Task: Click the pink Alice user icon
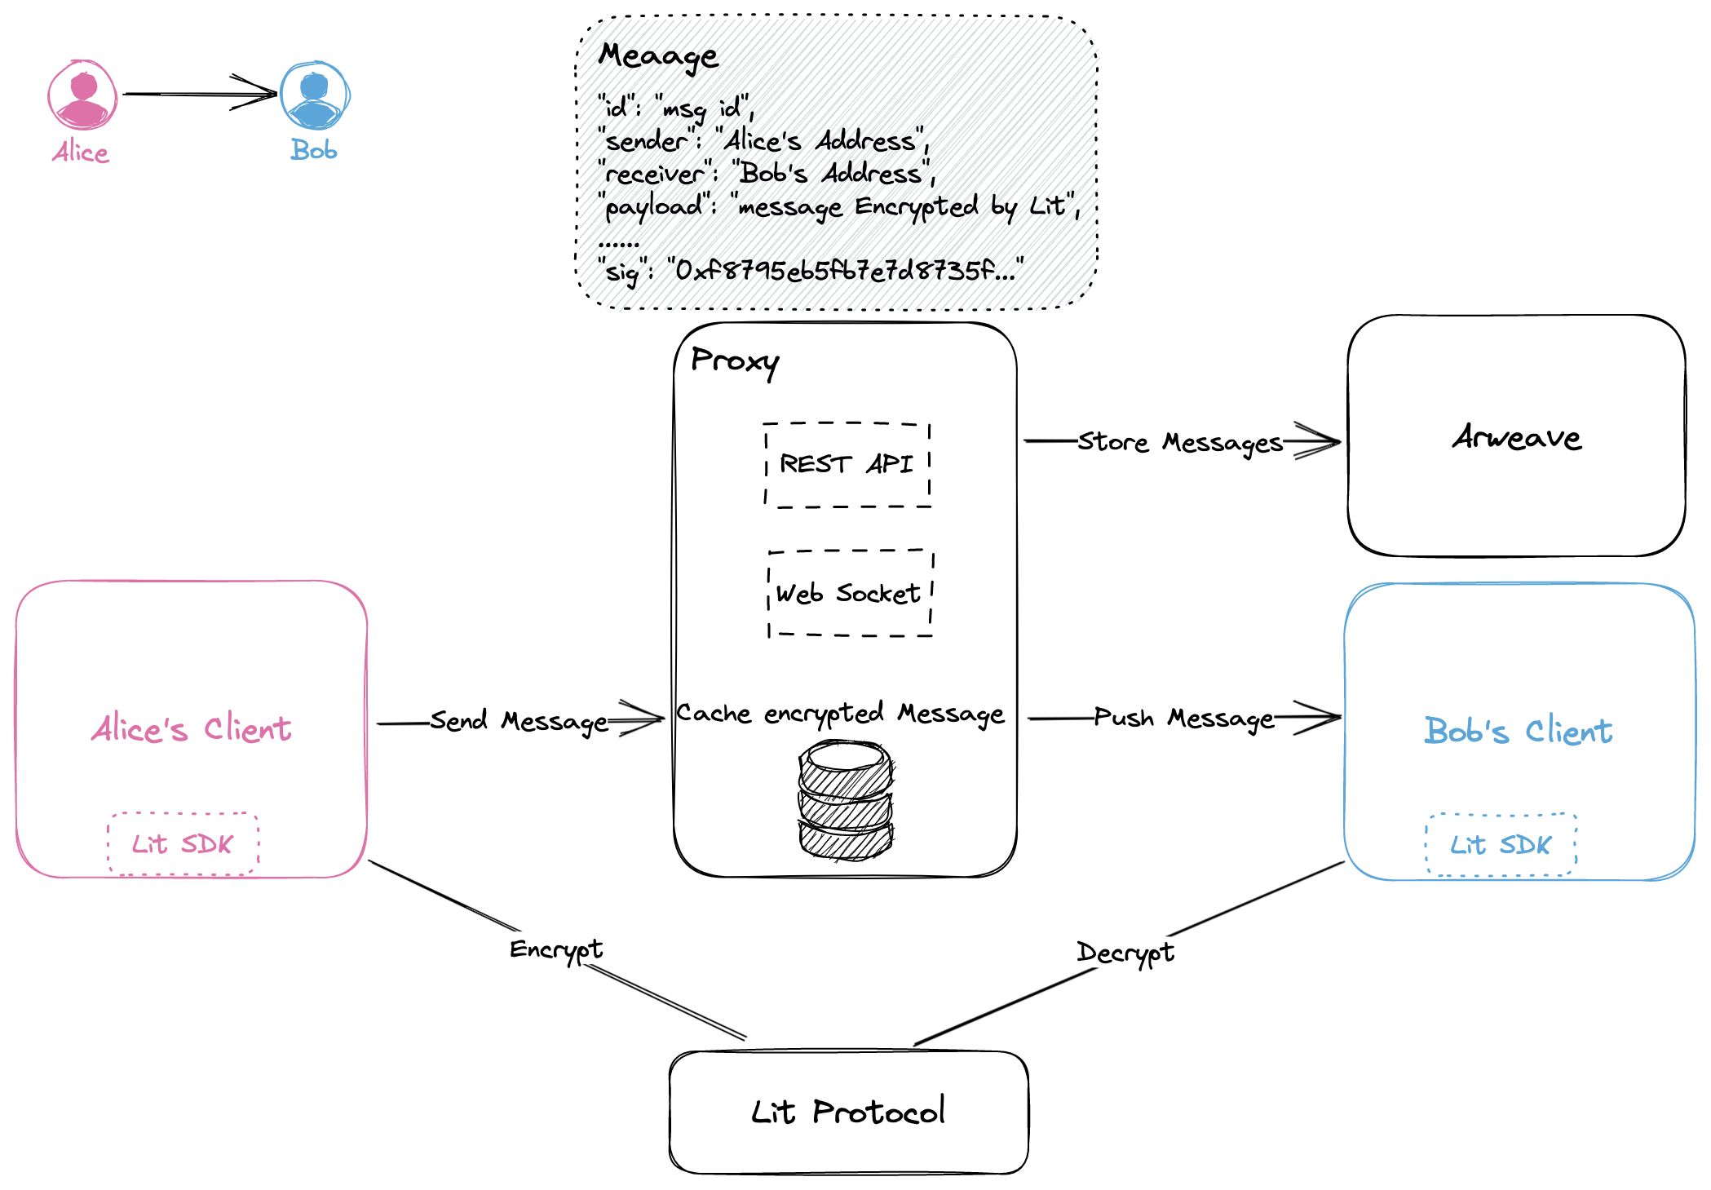pos(82,95)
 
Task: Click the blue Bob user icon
pos(315,95)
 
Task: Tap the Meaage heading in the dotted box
pos(658,56)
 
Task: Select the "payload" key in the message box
pos(653,206)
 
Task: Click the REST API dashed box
pos(847,465)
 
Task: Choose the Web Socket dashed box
pos(850,593)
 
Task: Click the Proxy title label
pos(734,361)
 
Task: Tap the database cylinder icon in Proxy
pos(846,800)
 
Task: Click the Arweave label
pos(1516,438)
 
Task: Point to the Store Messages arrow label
pos(1180,442)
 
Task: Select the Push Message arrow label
pos(1183,719)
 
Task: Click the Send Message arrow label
pos(519,721)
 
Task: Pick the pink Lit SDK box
pos(183,844)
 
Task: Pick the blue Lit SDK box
pos(1501,845)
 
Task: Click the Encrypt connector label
pos(556,949)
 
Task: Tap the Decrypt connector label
pos(1125,953)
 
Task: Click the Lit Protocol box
pos(848,1113)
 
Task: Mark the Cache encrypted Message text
pos(840,714)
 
